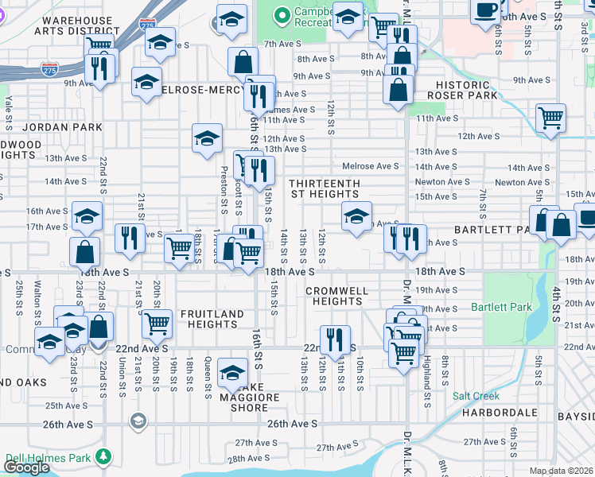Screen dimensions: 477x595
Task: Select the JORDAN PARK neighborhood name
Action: (x=63, y=127)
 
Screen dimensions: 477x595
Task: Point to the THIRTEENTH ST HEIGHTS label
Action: (x=325, y=188)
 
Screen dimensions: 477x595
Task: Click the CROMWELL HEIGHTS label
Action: (x=337, y=296)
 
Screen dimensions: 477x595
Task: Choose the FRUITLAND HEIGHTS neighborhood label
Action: (x=212, y=320)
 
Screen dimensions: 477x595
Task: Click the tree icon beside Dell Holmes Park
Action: (x=103, y=456)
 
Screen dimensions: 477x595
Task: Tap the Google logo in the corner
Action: (x=26, y=467)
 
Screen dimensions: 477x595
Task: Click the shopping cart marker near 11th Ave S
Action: (x=550, y=118)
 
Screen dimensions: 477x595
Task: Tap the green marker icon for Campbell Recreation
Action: (x=280, y=14)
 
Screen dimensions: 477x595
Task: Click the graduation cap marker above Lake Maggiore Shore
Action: (x=233, y=371)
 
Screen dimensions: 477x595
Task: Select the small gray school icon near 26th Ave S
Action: (x=138, y=421)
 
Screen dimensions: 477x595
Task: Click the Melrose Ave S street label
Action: (x=370, y=166)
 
